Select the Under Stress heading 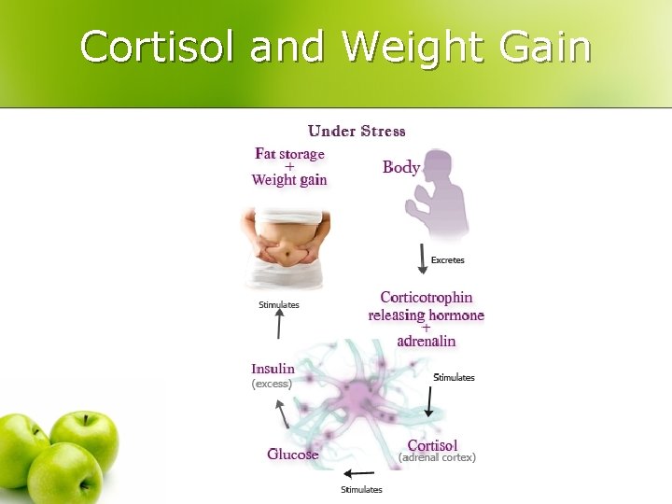click(x=357, y=131)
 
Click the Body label click(x=401, y=167)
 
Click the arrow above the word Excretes click(x=422, y=259)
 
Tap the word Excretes click(x=447, y=260)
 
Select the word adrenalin click(x=427, y=341)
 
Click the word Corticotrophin click(x=427, y=298)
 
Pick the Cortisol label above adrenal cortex click(x=432, y=445)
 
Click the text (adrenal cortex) click(x=437, y=458)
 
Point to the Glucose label click(x=293, y=455)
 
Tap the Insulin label click(x=273, y=369)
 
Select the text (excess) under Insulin click(x=272, y=384)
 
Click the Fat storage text click(x=289, y=153)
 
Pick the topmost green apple click(x=85, y=438)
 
